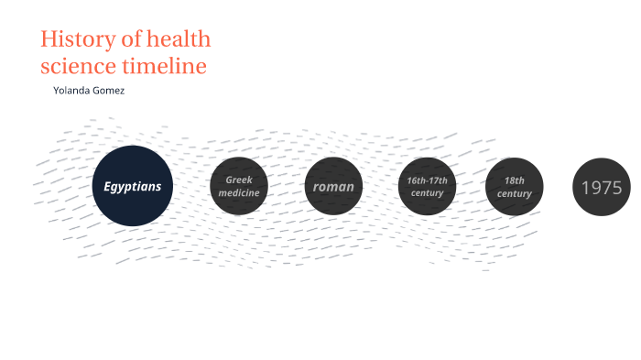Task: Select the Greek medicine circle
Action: tap(239, 187)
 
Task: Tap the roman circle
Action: tap(333, 187)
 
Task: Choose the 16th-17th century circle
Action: tap(427, 187)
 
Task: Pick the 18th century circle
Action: tap(514, 187)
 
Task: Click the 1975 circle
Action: tap(601, 188)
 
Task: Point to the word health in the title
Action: tap(179, 39)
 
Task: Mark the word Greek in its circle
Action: tap(239, 180)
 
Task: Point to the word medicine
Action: tap(239, 193)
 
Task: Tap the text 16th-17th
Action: tap(427, 180)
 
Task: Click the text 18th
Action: tap(514, 180)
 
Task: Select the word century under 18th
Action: tap(514, 194)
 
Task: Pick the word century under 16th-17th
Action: tap(427, 193)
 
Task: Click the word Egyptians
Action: tap(132, 187)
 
